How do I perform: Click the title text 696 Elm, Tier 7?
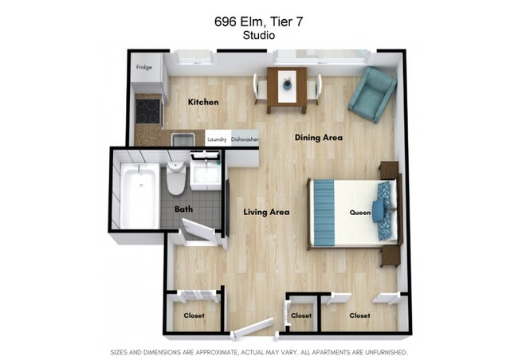point(258,22)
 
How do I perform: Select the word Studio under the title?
point(258,36)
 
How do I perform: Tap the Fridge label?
point(144,67)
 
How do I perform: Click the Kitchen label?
point(203,102)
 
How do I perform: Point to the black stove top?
point(147,109)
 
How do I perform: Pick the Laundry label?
point(217,139)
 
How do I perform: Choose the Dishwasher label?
point(244,139)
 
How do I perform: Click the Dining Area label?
point(318,138)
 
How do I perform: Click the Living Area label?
point(265,212)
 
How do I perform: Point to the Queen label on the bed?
point(359,213)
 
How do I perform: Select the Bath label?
point(183,209)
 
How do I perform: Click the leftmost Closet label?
point(194,315)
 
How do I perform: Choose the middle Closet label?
point(300,315)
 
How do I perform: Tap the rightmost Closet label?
point(359,315)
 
